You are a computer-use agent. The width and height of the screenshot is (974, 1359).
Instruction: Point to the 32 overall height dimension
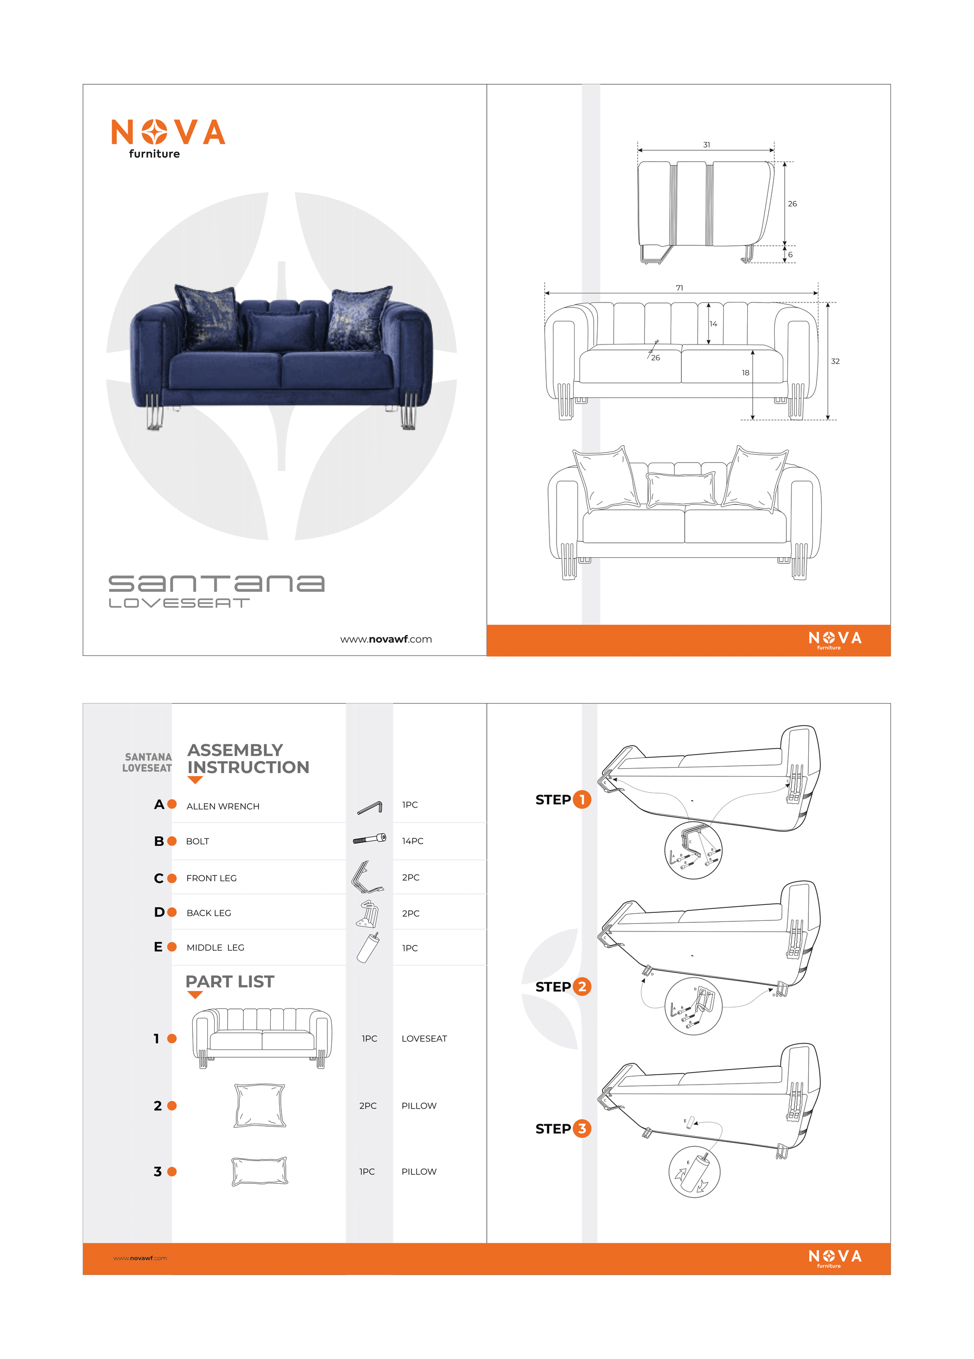[835, 362]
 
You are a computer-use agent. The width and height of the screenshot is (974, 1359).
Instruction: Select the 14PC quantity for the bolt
[412, 841]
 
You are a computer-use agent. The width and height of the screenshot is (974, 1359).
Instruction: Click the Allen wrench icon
[369, 808]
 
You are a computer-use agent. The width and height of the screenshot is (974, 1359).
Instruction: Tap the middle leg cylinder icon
[368, 947]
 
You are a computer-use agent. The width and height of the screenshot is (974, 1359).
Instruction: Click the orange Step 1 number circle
[582, 799]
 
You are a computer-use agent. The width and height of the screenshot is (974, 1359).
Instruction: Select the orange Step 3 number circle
[582, 1129]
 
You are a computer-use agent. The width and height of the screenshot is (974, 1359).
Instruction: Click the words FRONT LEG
[211, 878]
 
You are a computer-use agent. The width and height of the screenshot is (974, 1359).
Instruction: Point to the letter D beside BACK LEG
[159, 912]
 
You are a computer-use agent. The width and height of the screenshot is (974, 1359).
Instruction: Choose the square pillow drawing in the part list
[259, 1106]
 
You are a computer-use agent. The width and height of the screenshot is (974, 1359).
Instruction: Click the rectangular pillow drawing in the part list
[259, 1171]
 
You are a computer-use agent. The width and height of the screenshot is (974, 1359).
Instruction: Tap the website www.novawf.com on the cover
[386, 639]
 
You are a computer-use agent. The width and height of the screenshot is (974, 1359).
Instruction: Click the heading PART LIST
[229, 981]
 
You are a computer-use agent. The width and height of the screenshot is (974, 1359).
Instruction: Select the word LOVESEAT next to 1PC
[424, 1039]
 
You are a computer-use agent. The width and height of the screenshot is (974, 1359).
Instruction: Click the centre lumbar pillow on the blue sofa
[281, 331]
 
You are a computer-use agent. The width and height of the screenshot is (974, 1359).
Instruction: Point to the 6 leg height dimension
[790, 255]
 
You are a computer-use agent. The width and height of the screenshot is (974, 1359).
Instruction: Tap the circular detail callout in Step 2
[693, 1006]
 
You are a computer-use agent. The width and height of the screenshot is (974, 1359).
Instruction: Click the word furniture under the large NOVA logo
[154, 154]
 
